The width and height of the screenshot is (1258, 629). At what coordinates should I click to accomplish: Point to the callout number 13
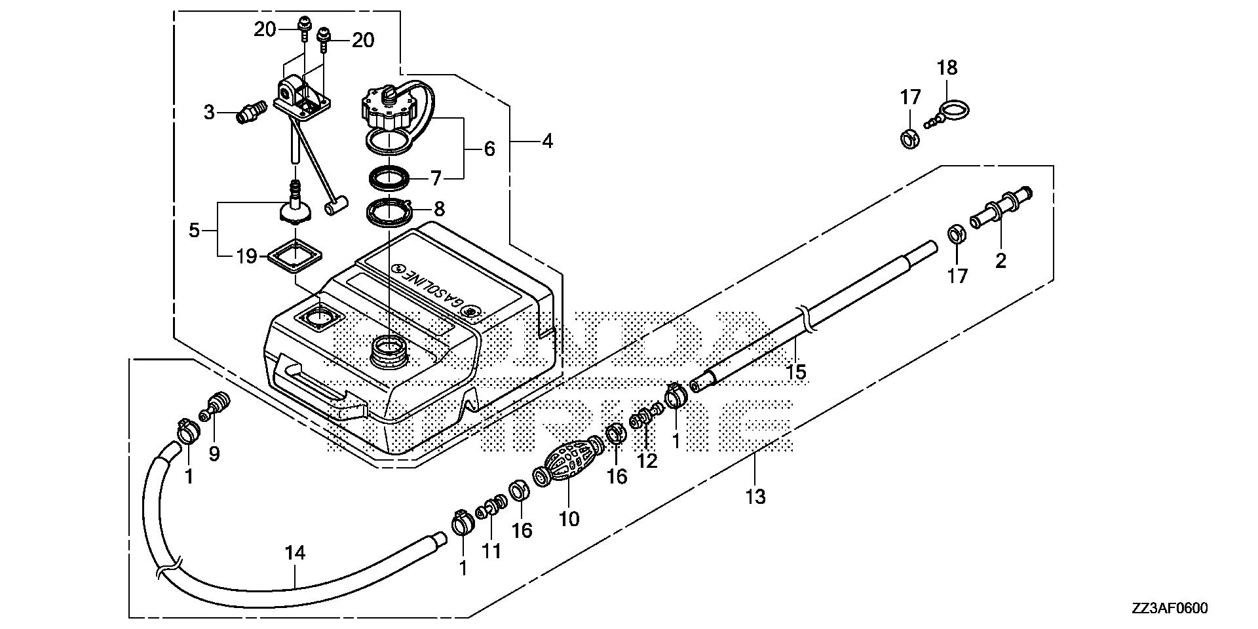coord(755,497)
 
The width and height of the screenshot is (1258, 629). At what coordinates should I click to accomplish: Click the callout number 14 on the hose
coord(295,553)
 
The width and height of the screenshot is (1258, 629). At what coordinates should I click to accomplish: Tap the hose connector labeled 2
coord(999,208)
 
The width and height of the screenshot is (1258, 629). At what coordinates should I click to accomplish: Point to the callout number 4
coord(547,140)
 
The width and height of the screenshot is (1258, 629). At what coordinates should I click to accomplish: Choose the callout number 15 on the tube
coord(795,372)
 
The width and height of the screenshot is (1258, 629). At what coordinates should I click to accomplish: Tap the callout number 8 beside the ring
coord(439,209)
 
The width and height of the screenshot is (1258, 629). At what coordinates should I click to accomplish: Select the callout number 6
coord(489,149)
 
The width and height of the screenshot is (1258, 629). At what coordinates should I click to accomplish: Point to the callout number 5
coord(193,230)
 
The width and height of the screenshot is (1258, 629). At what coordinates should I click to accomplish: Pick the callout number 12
coord(647,461)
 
